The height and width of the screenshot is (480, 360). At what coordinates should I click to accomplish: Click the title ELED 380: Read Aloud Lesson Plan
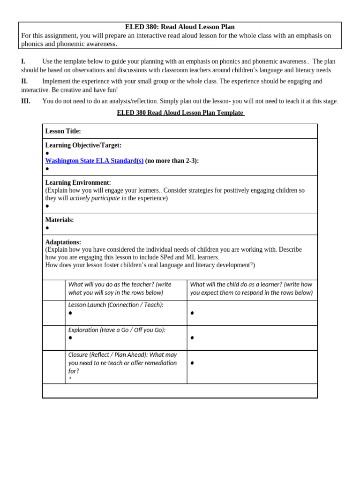pyautogui.click(x=180, y=27)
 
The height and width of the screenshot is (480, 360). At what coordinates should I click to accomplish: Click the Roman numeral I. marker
pyautogui.click(x=23, y=61)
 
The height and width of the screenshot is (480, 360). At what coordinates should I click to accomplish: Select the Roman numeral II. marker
pyautogui.click(x=24, y=82)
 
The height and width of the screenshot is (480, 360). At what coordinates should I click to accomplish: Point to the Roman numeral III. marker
pyautogui.click(x=26, y=101)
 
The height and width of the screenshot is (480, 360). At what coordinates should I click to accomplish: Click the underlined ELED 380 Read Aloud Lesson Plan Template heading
pyautogui.click(x=180, y=113)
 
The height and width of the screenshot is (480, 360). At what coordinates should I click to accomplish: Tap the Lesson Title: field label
pyautogui.click(x=63, y=131)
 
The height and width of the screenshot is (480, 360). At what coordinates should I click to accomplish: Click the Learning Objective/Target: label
pyautogui.click(x=83, y=145)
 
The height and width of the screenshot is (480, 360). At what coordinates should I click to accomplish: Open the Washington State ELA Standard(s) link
pyautogui.click(x=94, y=161)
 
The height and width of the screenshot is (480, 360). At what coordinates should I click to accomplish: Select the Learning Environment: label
pyautogui.click(x=78, y=183)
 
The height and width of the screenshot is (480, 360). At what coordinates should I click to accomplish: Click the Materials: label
pyautogui.click(x=60, y=220)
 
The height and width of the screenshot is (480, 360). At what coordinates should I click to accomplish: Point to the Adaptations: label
pyautogui.click(x=63, y=242)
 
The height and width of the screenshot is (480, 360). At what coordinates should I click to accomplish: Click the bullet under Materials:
pyautogui.click(x=47, y=228)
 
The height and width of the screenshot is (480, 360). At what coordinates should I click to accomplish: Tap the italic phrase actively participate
pyautogui.click(x=95, y=198)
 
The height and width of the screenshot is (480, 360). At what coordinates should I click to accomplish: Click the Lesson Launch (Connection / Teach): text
pyautogui.click(x=116, y=305)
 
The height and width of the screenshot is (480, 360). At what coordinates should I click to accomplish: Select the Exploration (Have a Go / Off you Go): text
pyautogui.click(x=117, y=330)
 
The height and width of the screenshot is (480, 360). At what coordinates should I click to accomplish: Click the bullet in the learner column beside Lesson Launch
pyautogui.click(x=192, y=313)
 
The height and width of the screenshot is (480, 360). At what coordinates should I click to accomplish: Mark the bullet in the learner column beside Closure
pyautogui.click(x=192, y=363)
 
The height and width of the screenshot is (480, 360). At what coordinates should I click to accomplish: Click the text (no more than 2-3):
pyautogui.click(x=172, y=161)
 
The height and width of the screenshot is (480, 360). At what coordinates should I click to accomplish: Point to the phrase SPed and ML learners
pyautogui.click(x=188, y=257)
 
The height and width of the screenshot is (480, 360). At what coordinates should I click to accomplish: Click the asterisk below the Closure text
pyautogui.click(x=70, y=379)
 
